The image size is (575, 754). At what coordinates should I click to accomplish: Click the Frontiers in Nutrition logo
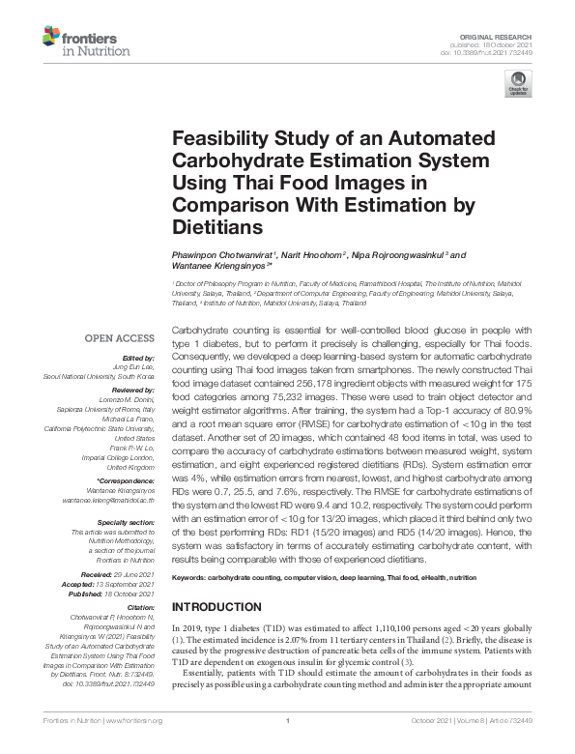[x=80, y=43]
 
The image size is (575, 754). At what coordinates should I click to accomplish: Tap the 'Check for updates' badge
[x=518, y=88]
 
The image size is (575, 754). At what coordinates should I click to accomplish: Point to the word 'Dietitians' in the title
[x=217, y=227]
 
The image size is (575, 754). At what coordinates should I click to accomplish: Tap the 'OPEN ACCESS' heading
[x=120, y=339]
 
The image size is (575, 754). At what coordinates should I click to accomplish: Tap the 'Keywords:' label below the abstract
[x=189, y=577]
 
